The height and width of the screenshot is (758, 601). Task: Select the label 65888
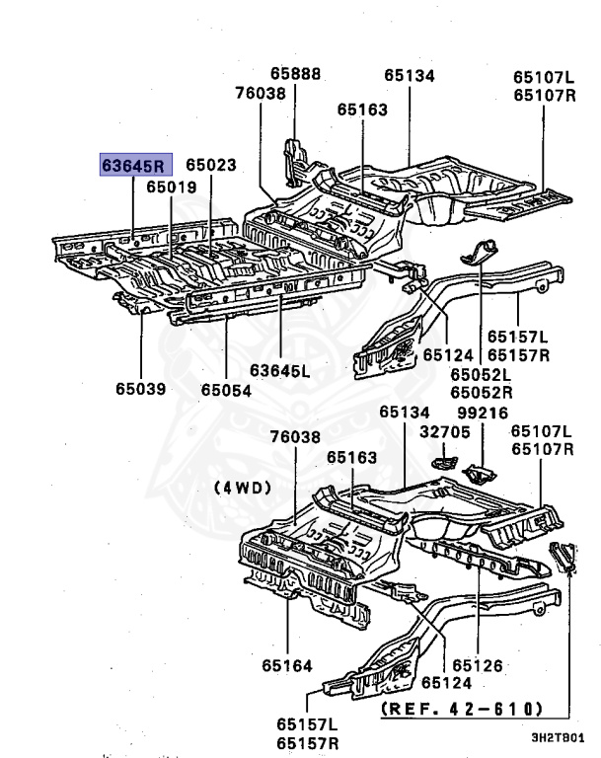click(x=296, y=74)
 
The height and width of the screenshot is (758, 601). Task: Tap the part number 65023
click(x=211, y=165)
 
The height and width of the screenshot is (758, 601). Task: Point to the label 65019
click(x=172, y=186)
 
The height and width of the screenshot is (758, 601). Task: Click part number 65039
click(x=141, y=388)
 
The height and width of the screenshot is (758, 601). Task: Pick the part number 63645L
click(x=279, y=370)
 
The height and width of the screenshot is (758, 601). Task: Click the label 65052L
click(x=482, y=374)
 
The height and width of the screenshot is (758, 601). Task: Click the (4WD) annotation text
click(x=242, y=487)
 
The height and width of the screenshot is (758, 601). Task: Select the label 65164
click(x=287, y=663)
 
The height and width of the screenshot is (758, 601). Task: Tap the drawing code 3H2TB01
click(x=559, y=736)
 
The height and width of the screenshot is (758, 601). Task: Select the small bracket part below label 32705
click(x=445, y=463)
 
